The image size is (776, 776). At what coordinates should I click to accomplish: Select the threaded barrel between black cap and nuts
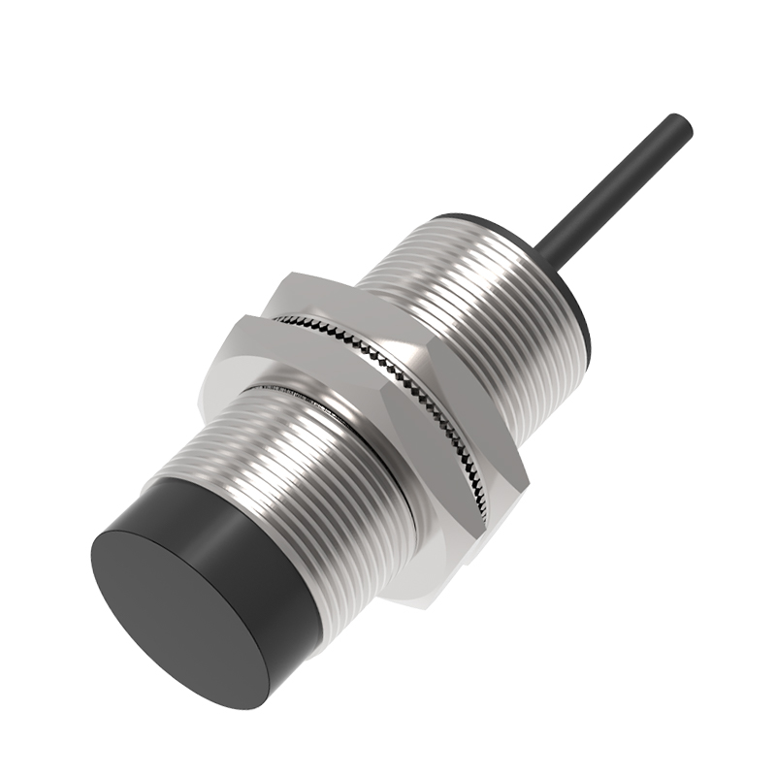tap(301, 466)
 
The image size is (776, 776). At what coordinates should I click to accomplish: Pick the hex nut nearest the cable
tap(407, 320)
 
